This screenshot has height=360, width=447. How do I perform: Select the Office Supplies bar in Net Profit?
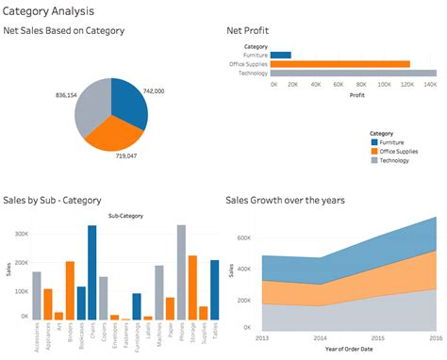point(340,64)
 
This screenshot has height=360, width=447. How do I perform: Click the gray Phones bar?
point(181,273)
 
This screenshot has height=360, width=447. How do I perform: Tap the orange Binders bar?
point(70,291)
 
